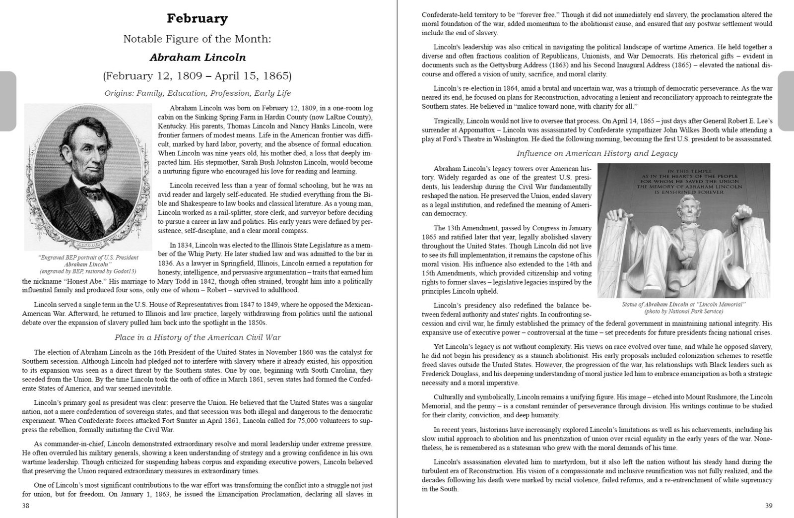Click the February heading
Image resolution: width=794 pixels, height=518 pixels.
coord(197,19)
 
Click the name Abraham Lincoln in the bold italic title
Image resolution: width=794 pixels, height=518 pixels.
coord(197,57)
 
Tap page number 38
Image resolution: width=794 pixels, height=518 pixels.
coord(25,506)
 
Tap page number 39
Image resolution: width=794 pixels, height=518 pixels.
coord(768,506)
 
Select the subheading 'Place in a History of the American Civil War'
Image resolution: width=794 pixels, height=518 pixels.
coord(198,337)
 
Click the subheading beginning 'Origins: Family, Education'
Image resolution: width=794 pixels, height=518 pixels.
coord(198,93)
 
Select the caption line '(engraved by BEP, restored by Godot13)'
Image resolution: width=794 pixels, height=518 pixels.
coord(88,271)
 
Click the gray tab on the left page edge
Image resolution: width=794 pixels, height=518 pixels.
coord(7,101)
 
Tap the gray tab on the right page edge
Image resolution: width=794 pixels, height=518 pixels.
coord(786,101)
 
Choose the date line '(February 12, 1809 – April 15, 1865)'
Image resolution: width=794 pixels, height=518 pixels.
coord(197,76)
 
